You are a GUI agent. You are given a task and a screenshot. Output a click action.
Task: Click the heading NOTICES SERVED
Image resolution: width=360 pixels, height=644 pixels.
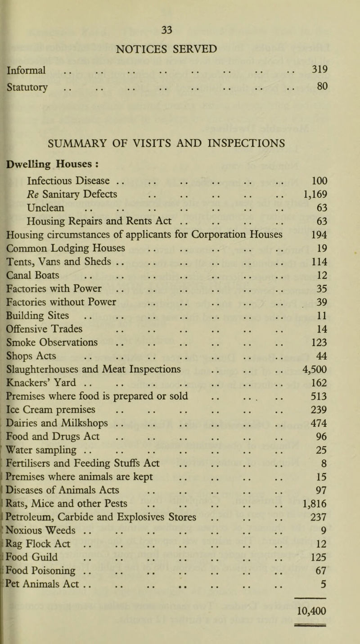179,48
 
